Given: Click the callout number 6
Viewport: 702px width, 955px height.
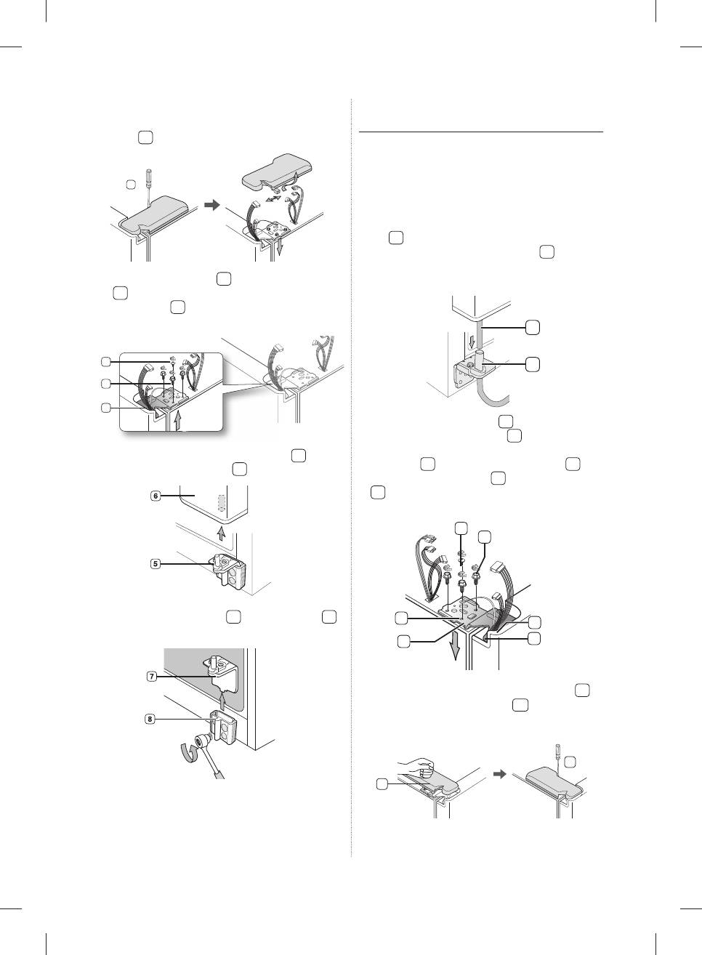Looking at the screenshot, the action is click(x=156, y=496).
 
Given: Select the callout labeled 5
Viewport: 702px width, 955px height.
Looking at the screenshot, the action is click(x=156, y=563).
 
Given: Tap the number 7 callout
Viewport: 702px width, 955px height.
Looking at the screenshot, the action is click(x=151, y=676).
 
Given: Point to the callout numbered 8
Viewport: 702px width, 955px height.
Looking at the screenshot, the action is click(x=150, y=719).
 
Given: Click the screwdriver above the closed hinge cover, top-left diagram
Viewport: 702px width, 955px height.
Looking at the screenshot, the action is click(x=149, y=187).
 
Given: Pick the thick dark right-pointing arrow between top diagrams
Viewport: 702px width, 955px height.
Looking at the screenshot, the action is click(x=212, y=206).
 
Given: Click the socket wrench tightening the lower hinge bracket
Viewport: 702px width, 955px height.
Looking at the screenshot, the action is click(x=208, y=752).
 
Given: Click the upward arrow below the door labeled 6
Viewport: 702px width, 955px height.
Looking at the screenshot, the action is click(x=220, y=533).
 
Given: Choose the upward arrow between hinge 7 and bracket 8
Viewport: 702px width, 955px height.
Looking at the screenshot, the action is click(x=222, y=702).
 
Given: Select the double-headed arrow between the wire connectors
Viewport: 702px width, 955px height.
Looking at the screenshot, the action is click(x=273, y=199).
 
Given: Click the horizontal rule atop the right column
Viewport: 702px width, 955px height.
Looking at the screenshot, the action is click(x=481, y=132).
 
